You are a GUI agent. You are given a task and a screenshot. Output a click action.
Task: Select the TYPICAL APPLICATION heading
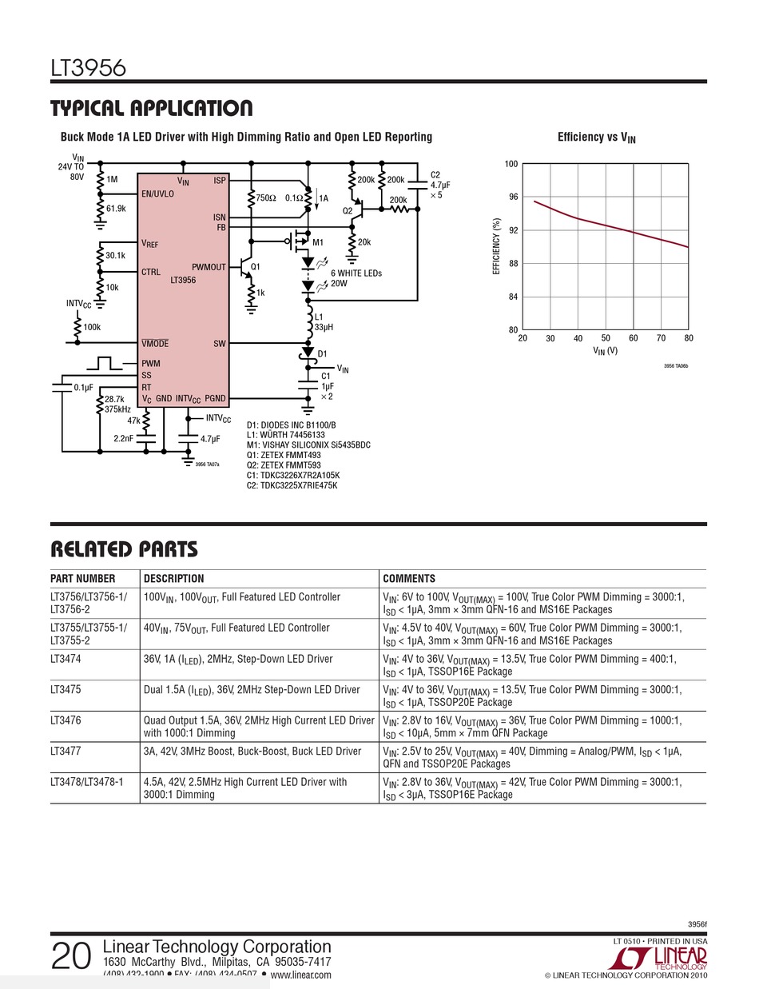point(151,108)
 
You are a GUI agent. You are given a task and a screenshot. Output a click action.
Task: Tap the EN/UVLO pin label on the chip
point(157,194)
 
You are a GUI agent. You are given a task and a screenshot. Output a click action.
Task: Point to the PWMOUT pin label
point(209,267)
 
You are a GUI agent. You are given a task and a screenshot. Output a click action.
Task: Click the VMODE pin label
point(155,344)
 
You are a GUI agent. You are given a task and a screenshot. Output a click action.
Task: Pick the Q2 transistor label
point(348,211)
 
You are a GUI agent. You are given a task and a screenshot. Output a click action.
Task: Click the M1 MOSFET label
point(318,242)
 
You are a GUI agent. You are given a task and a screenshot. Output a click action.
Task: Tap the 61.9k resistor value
point(116,209)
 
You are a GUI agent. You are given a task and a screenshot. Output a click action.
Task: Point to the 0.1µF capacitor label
point(84,387)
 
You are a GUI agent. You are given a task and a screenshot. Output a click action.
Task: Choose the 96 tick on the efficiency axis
point(511,197)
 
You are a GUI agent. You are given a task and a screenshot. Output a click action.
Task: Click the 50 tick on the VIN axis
point(606,338)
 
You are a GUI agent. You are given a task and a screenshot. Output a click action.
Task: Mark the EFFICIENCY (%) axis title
point(496,247)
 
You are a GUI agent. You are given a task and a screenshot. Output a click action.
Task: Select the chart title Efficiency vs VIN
point(596,138)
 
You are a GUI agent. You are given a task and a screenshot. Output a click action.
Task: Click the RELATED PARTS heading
point(124,549)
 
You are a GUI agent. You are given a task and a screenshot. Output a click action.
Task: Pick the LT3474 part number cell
point(66,659)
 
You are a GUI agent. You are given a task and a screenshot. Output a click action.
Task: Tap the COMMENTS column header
point(409,579)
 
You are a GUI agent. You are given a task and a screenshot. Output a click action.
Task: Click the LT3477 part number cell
point(66,752)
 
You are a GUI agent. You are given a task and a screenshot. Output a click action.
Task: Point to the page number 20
point(71,956)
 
